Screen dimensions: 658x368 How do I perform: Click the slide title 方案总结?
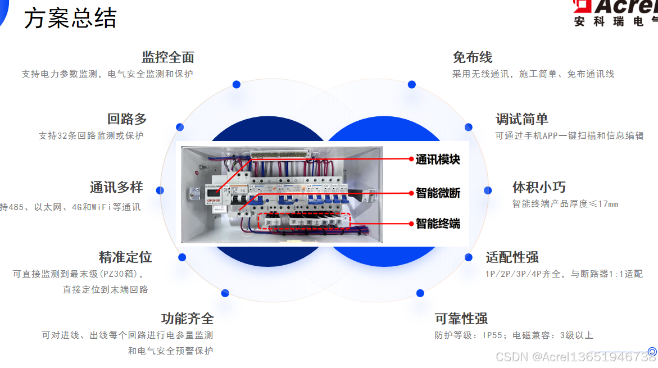coord(70,19)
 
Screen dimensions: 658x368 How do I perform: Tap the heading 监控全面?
coord(168,57)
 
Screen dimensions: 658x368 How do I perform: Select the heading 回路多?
coord(127,119)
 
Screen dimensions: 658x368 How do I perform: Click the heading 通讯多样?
coord(116,187)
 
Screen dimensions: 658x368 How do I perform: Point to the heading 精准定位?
coord(125,257)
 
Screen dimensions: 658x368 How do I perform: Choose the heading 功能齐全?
coord(187,319)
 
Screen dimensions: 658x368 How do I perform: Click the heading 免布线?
coord(473,57)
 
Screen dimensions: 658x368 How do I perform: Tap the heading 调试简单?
coord(521,119)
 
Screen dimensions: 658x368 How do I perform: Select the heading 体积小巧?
coord(539,187)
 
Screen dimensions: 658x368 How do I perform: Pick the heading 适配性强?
coord(512,257)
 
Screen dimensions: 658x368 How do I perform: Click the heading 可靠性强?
coord(461,319)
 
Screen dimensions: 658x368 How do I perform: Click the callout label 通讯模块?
coord(438,160)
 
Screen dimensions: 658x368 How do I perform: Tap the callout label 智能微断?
coord(438,193)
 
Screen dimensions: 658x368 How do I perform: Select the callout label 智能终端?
coord(438,224)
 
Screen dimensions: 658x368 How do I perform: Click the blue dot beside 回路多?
coord(180,128)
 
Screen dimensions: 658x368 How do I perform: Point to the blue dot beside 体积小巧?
coord(488,190)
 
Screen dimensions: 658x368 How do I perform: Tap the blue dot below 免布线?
coord(412,85)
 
